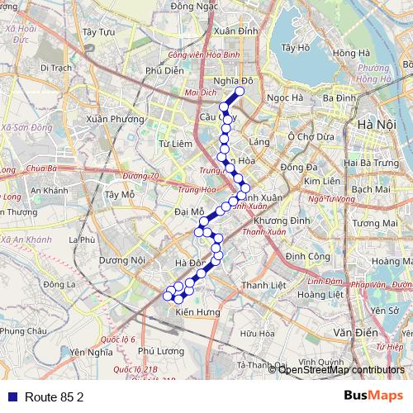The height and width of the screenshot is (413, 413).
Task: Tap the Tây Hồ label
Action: tap(294, 48)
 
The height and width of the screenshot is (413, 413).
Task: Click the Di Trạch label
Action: tap(55, 69)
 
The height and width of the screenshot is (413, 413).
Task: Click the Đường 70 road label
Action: tap(140, 176)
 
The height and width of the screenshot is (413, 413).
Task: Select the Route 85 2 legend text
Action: tap(54, 396)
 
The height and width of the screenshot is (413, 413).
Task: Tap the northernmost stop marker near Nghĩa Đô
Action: tap(240, 92)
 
